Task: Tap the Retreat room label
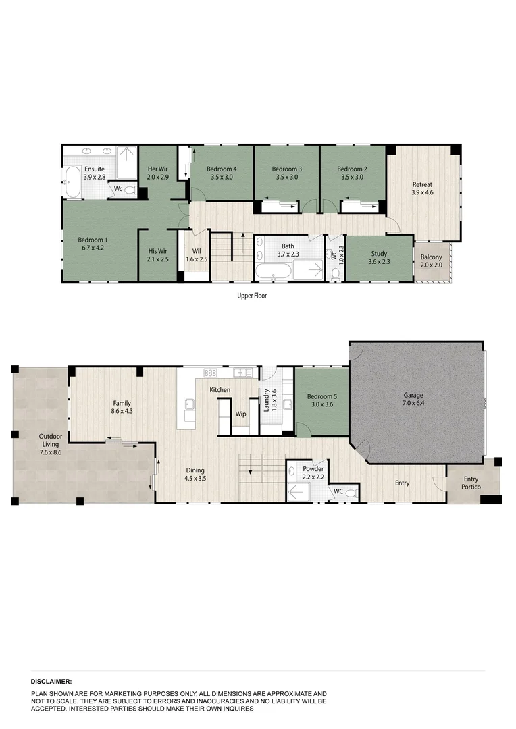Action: coord(422,184)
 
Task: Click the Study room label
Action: coord(379,254)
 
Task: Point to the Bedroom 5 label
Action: coord(321,396)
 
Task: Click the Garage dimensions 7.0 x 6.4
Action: coord(415,404)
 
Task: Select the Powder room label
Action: coord(313,468)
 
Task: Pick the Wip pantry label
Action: coord(240,414)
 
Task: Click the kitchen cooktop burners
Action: coord(210,373)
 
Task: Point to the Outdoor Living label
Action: coord(49,439)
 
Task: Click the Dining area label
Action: coord(196,470)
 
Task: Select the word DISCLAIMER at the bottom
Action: coord(51,682)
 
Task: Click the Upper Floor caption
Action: coord(252,296)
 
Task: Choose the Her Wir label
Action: coord(158,168)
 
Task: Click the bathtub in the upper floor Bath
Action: coord(272,273)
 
